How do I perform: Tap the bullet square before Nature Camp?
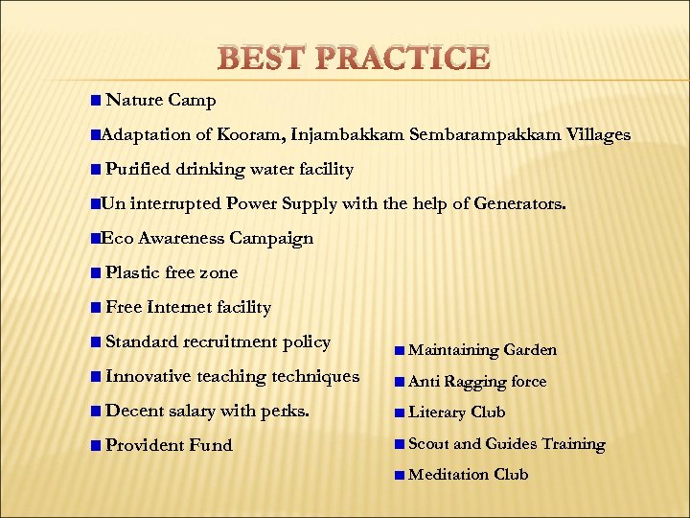coord(94,101)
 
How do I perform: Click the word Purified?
coord(139,169)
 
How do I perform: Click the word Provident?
coord(145,445)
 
